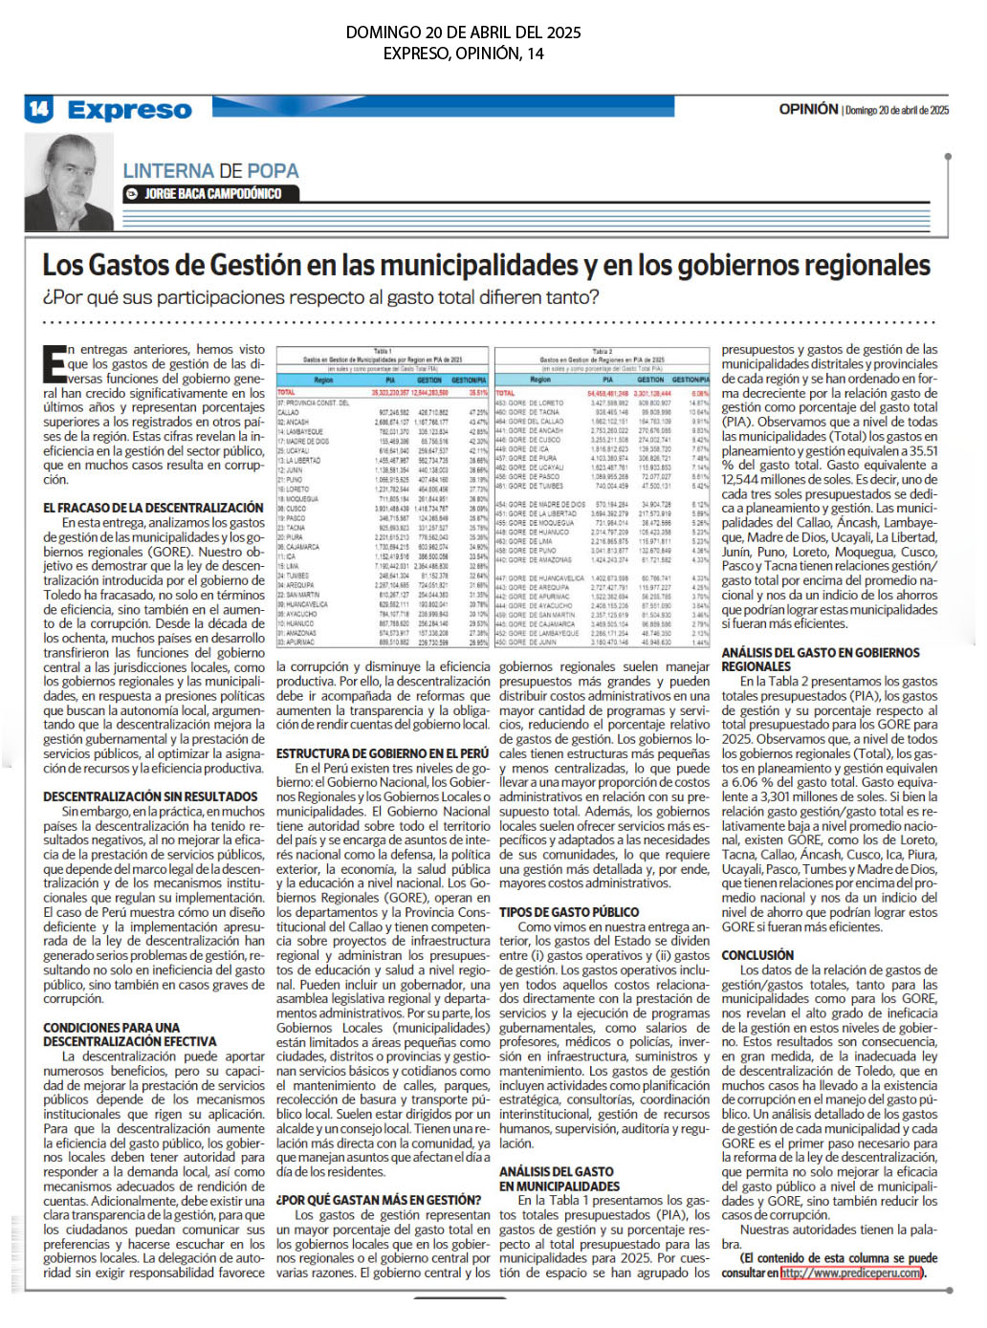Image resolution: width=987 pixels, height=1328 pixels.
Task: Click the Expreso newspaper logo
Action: tap(129, 111)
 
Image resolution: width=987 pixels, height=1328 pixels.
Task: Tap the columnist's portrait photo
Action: tap(69, 182)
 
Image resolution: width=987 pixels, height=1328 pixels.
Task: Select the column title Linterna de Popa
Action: tap(210, 171)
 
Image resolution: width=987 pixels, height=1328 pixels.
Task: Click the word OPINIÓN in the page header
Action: tap(808, 110)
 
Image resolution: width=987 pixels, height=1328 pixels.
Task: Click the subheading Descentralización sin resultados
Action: tap(150, 796)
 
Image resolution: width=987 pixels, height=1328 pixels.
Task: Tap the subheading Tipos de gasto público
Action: tap(569, 912)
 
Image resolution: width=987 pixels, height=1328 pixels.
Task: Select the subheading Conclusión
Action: tap(757, 955)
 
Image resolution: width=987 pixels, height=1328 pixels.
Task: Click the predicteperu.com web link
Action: tap(851, 1273)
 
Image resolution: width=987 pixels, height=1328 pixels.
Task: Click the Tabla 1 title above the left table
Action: tap(383, 351)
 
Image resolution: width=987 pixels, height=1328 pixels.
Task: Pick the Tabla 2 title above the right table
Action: tap(602, 351)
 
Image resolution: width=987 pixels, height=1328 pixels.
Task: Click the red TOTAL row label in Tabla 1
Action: tap(287, 392)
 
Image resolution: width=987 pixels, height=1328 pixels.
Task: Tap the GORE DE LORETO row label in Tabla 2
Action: tap(536, 403)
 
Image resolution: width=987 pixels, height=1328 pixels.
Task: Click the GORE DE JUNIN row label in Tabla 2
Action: tap(532, 642)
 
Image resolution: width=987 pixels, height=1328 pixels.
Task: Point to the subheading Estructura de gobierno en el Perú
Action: tap(383, 753)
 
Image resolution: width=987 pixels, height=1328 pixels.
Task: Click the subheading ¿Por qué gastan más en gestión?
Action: tap(379, 1200)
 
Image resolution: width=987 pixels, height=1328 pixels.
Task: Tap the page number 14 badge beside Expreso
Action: tap(38, 109)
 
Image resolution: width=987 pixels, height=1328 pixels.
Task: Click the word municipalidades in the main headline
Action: tap(493, 265)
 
